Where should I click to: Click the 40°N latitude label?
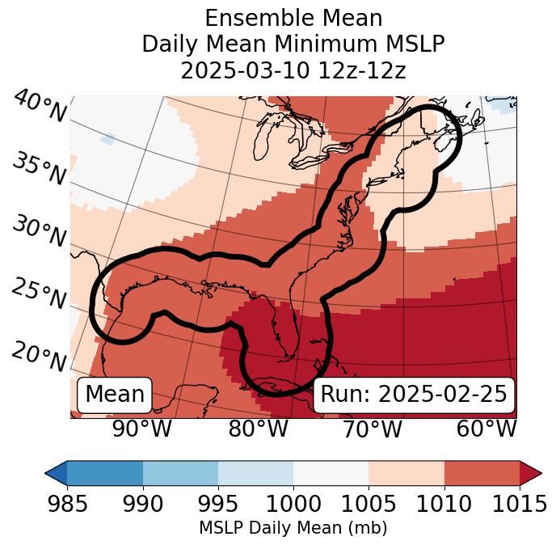[x=39, y=107]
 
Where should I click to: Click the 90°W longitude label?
[x=141, y=429]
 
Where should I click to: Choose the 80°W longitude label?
[x=258, y=429]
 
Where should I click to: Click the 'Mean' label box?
[x=115, y=395]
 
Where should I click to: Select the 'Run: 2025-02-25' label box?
[x=414, y=395]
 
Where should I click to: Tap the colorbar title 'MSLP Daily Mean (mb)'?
[x=293, y=528]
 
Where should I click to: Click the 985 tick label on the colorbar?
[x=67, y=504]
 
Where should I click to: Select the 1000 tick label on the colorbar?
[x=293, y=504]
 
